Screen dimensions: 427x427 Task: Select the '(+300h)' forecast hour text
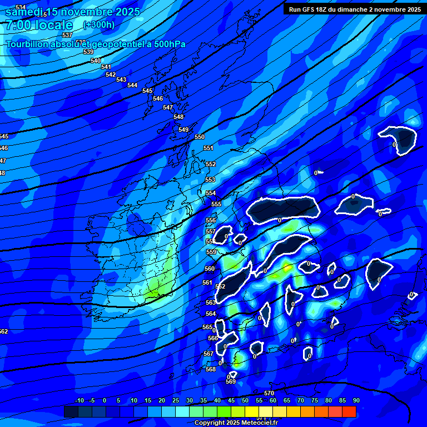[x=99, y=24]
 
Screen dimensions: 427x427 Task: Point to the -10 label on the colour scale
[x=79, y=400]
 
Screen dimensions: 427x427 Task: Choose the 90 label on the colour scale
[x=356, y=400]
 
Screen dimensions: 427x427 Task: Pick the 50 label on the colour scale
[x=245, y=400]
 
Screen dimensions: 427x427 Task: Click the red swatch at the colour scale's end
[x=349, y=411]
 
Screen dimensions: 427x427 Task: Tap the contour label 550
[x=200, y=137]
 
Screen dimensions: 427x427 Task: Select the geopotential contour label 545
[x=147, y=91]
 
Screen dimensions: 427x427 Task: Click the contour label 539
[x=88, y=52]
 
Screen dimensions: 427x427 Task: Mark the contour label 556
[x=211, y=221]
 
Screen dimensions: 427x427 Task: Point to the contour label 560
[x=210, y=269]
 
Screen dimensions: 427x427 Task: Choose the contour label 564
[x=211, y=314]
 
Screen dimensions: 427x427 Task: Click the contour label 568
[x=211, y=369]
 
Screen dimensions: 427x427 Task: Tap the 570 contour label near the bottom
[x=269, y=393]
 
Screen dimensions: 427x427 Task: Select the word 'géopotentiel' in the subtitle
[x=119, y=44]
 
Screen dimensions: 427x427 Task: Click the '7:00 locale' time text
[x=39, y=25]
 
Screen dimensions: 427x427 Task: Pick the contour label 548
[x=178, y=117]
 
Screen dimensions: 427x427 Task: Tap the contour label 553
[x=210, y=180]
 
